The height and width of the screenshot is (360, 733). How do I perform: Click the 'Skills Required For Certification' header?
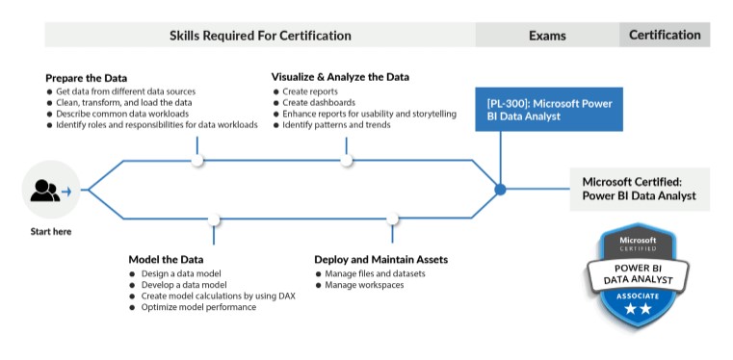pos(260,36)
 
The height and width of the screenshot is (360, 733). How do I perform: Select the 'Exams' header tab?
pos(547,36)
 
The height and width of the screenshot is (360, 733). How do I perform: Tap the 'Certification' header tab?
pos(665,35)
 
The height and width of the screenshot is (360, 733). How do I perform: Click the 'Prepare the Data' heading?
pos(86,77)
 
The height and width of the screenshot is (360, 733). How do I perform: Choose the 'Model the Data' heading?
pos(166,259)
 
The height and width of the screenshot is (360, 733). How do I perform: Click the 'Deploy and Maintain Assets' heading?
pos(380,259)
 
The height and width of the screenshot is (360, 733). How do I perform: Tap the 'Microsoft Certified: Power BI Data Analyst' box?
pos(640,188)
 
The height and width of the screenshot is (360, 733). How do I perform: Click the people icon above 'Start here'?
pos(45,191)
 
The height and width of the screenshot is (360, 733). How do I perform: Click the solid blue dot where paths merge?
pos(500,190)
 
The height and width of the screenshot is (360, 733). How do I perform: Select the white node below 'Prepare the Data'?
pos(197,160)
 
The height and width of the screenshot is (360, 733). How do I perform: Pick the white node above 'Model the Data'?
pos(214,220)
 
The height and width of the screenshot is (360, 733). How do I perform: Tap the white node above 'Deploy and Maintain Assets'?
pos(393,220)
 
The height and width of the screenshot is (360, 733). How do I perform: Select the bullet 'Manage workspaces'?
pos(364,285)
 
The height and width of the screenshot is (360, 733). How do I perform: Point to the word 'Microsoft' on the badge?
pos(637,240)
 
